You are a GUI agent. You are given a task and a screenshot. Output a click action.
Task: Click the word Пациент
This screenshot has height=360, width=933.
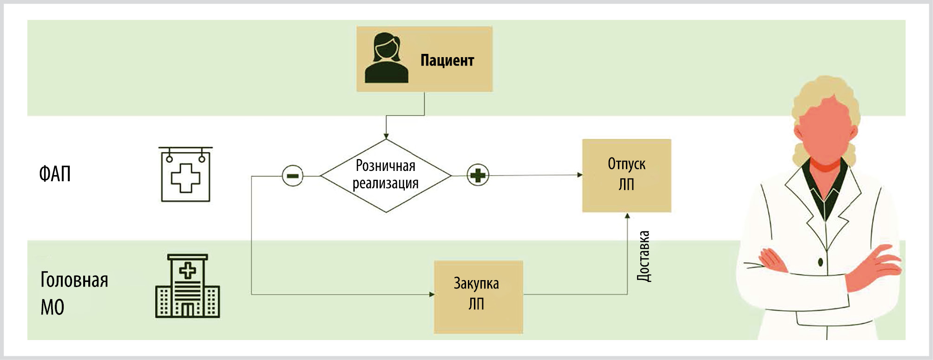[447, 60]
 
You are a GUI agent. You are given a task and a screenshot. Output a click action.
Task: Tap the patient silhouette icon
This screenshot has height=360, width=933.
[386, 58]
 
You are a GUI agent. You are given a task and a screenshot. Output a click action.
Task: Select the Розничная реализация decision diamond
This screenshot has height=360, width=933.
[386, 176]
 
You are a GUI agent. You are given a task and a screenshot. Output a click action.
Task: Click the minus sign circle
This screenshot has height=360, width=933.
[293, 176]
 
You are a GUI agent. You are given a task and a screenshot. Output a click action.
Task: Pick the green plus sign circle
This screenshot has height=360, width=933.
[478, 175]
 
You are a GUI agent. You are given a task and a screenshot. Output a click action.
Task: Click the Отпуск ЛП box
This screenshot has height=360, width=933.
[626, 175]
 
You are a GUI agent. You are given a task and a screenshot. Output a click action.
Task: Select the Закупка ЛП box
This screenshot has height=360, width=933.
[478, 296]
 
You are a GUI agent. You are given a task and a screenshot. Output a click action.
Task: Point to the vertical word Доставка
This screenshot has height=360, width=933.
[644, 256]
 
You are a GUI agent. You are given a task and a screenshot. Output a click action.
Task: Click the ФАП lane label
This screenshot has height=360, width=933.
[55, 174]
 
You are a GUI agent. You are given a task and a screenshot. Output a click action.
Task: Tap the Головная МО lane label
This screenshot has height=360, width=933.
[74, 293]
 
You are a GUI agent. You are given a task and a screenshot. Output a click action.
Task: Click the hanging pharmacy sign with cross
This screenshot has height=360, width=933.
[185, 174]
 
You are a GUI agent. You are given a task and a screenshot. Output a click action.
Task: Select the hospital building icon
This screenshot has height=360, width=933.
[187, 286]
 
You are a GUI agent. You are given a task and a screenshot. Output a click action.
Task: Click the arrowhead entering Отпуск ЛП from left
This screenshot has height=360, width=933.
[579, 175]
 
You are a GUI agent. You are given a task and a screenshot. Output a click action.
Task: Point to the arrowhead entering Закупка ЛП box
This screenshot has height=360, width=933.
[432, 294]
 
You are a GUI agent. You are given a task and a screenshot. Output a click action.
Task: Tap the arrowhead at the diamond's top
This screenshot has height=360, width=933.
[386, 136]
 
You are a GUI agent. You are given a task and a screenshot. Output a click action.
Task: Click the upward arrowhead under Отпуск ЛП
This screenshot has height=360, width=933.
[627, 216]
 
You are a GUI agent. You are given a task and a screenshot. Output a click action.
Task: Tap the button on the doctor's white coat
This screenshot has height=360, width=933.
[821, 262]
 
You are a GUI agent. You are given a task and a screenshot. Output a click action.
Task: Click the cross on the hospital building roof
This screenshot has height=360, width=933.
[188, 270]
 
